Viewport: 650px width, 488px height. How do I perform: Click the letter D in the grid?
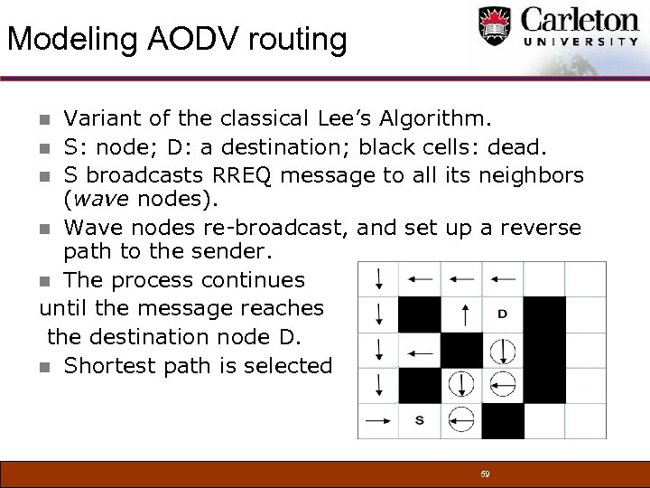click(x=502, y=314)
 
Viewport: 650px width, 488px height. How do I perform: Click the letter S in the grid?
click(x=420, y=419)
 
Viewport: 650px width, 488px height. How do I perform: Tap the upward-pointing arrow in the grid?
click(x=462, y=314)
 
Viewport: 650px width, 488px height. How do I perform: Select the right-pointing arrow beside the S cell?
click(x=377, y=419)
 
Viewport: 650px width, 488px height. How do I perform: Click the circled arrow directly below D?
click(x=503, y=350)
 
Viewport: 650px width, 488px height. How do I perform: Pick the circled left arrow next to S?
click(x=461, y=419)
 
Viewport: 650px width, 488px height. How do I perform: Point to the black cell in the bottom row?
click(x=503, y=419)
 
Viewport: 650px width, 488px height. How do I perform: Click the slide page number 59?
click(x=485, y=474)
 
